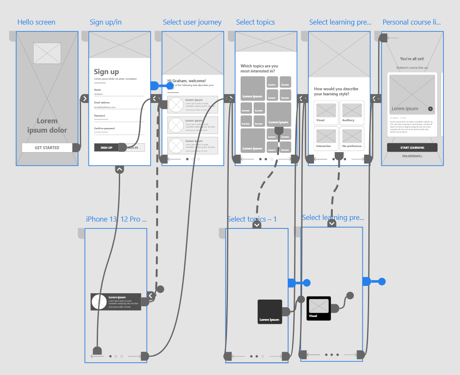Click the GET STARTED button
pos(47,147)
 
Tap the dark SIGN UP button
pos(106,147)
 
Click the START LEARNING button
pos(412,147)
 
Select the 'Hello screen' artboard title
pos(36,22)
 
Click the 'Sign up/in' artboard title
pos(106,22)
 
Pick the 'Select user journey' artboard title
pos(192,22)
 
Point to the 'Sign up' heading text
pos(107,72)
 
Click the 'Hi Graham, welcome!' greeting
pos(187,81)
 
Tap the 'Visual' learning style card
pos(326,113)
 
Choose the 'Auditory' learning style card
pos(351,113)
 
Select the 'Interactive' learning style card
pos(326,139)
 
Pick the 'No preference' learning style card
pos(351,139)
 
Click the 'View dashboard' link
pos(412,156)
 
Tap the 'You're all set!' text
pos(412,59)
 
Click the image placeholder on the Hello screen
pos(47,53)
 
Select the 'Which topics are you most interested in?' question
pos(259,69)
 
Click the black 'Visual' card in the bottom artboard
pos(319,308)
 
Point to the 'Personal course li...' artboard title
pos(412,22)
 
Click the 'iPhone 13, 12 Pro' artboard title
pos(116,219)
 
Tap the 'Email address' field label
pos(102,103)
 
